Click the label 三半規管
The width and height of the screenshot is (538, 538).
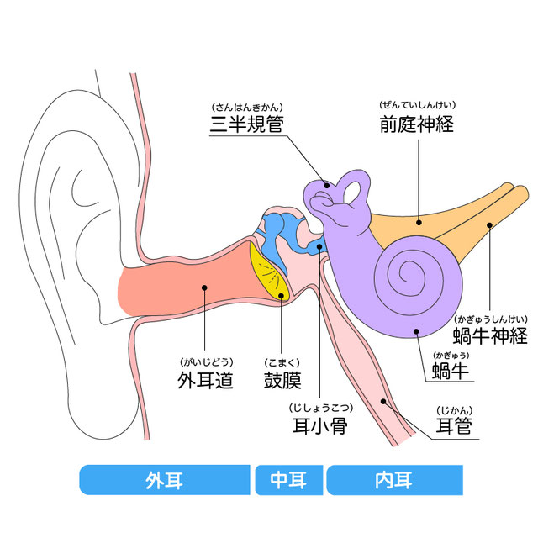pyautogui.click(x=247, y=124)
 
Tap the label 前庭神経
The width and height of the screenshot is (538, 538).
pyautogui.click(x=417, y=124)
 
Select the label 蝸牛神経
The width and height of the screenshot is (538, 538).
pyautogui.click(x=490, y=335)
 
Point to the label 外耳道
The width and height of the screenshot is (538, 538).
pyautogui.click(x=205, y=380)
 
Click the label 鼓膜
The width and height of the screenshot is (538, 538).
pyautogui.click(x=282, y=380)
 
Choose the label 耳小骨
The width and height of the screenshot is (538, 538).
pyautogui.click(x=320, y=426)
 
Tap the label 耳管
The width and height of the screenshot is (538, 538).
pyautogui.click(x=454, y=426)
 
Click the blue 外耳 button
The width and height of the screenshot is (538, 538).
pyautogui.click(x=165, y=480)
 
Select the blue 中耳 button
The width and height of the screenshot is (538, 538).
pyautogui.click(x=289, y=480)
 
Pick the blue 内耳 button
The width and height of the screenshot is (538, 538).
pyautogui.click(x=394, y=480)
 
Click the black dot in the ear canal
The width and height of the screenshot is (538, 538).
pyautogui.click(x=204, y=287)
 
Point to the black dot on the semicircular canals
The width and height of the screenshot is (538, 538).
pyautogui.click(x=327, y=186)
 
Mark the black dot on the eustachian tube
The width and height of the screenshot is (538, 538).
pyautogui.click(x=383, y=402)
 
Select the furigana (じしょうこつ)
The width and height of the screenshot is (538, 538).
pyautogui.click(x=321, y=408)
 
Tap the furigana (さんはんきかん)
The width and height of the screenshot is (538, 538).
pyautogui.click(x=247, y=108)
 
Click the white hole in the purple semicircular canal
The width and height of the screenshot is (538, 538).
pyautogui.click(x=351, y=193)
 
